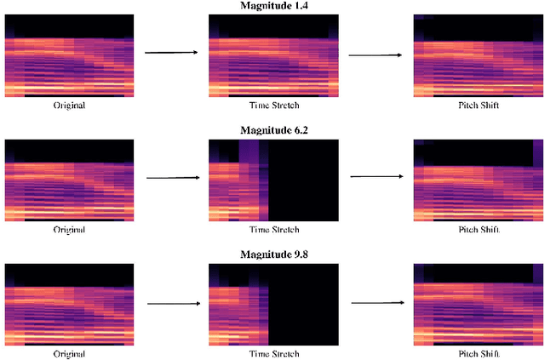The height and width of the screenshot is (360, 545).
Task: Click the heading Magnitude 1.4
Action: tap(272, 6)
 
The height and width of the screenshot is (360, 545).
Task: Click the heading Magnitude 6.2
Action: tap(272, 130)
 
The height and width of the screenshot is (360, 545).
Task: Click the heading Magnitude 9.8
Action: tap(272, 255)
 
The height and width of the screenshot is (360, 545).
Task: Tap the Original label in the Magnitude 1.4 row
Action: tap(69, 106)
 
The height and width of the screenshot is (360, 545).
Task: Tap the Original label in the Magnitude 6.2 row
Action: tap(69, 230)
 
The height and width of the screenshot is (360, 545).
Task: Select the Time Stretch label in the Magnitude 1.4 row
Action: tap(273, 106)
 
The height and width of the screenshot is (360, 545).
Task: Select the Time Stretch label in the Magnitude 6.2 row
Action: tap(273, 230)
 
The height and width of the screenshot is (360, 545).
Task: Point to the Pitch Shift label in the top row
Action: tap(478, 106)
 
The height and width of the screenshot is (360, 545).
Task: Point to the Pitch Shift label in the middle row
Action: tap(478, 230)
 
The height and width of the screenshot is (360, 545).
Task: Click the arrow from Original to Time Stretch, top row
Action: tap(171, 53)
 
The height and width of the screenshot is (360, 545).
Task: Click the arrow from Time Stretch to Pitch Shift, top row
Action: tap(376, 56)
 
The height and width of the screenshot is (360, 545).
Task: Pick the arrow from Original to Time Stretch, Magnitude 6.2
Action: tap(172, 178)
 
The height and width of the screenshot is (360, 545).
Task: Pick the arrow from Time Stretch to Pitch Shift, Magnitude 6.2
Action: tap(376, 177)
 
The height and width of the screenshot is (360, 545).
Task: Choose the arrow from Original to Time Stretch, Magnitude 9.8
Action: tap(172, 303)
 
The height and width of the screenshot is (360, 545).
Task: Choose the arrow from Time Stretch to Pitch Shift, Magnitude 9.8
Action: tap(376, 302)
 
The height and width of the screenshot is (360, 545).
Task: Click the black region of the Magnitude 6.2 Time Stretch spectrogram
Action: tap(303, 179)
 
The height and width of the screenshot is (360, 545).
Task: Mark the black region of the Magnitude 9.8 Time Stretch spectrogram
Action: tap(303, 304)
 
